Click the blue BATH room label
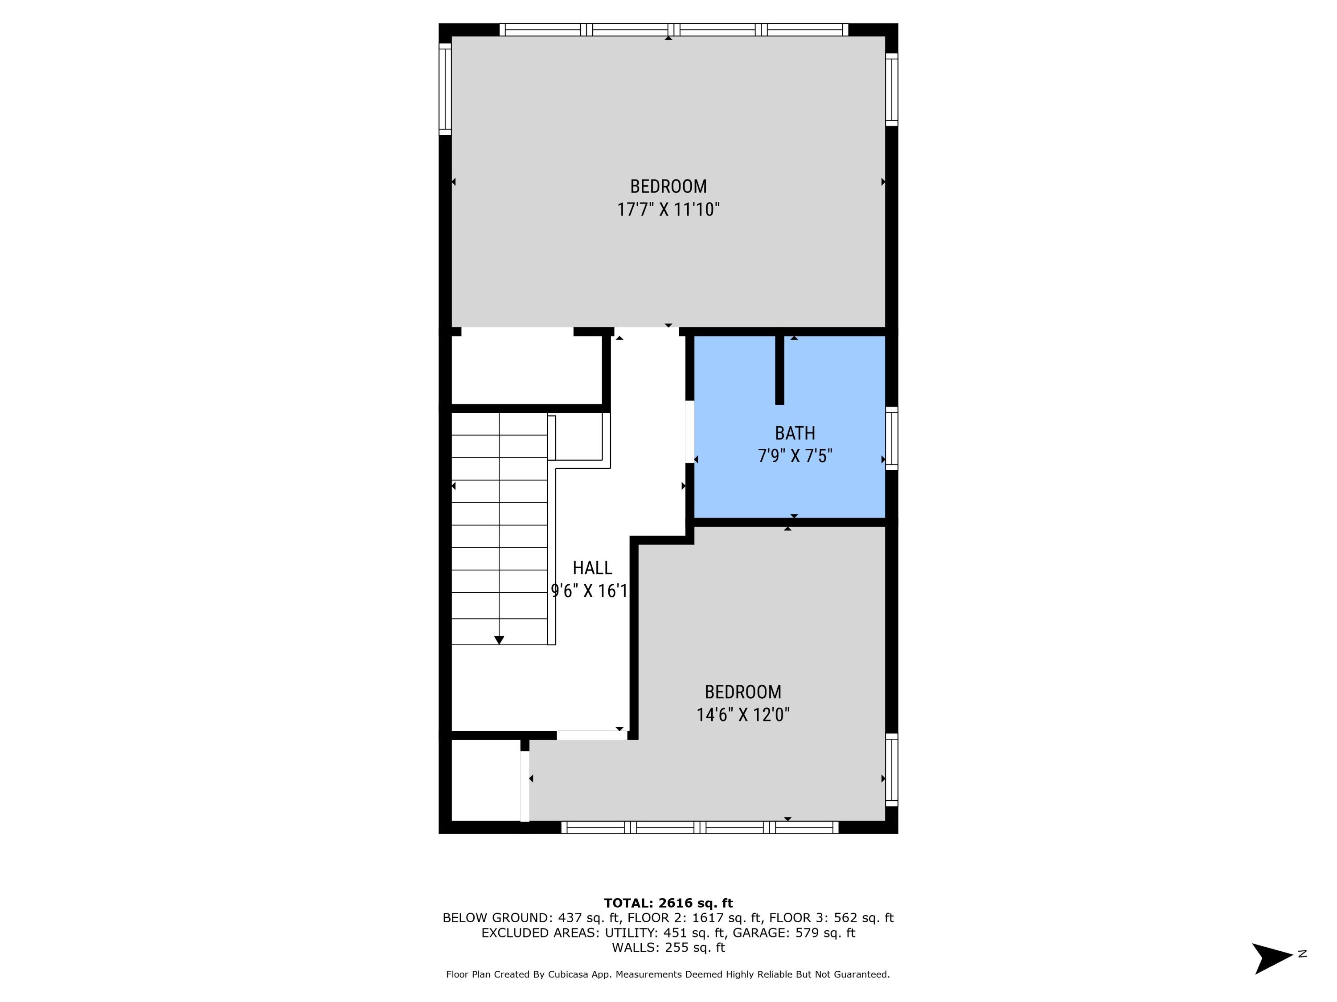pyautogui.click(x=795, y=433)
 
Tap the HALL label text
pyautogui.click(x=592, y=568)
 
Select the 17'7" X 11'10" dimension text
pyautogui.click(x=668, y=210)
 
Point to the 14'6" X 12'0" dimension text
pyautogui.click(x=743, y=715)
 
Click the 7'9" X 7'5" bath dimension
pyautogui.click(x=795, y=456)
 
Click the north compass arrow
pyautogui.click(x=1273, y=958)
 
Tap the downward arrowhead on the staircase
pyautogui.click(x=499, y=640)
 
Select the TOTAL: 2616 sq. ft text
pyautogui.click(x=668, y=903)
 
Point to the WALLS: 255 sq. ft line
pyautogui.click(x=668, y=948)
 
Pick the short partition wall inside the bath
pyautogui.click(x=780, y=370)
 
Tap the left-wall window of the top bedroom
pyautogui.click(x=445, y=90)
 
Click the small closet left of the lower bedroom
pyautogui.click(x=486, y=780)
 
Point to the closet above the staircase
pyautogui.click(x=527, y=370)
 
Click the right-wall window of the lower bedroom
pyautogui.click(x=891, y=770)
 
